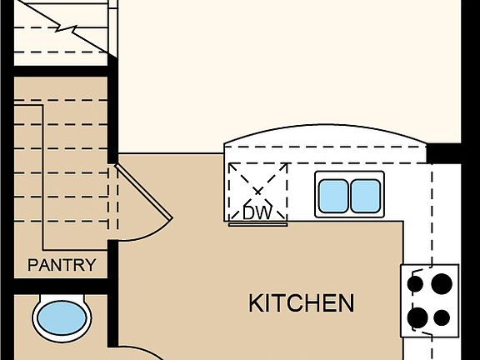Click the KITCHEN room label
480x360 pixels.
pos(301,302)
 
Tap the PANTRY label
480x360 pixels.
pos(62,265)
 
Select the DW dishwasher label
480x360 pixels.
pos(257,212)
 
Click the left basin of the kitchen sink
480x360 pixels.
pos(333,196)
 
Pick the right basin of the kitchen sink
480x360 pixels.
pos(366,196)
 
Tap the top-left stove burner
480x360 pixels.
pos(415,283)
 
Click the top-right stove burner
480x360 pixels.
pos(442,284)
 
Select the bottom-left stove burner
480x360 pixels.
pos(417,317)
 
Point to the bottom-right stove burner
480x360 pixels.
pos(442,317)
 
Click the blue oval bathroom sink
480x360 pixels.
pos(62,317)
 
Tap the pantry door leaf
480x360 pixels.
pos(143,192)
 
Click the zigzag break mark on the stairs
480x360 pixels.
pos(66,29)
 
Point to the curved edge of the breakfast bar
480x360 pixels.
pos(325,125)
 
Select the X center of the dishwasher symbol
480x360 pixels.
pos(257,192)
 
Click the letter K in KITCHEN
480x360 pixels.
pos(255,303)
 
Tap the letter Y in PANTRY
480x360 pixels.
pos(90,265)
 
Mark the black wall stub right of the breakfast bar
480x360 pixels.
pos(443,153)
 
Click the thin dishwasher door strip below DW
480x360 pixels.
pos(257,224)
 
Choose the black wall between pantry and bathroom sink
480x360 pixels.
pos(61,287)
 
